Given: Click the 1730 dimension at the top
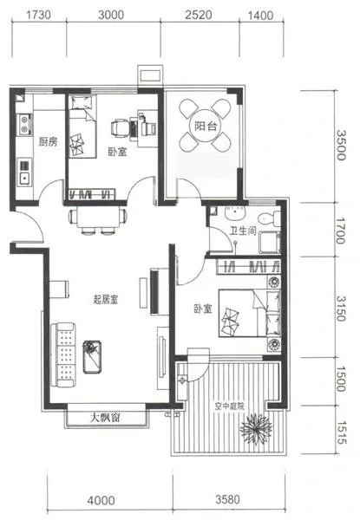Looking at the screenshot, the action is click(38, 15).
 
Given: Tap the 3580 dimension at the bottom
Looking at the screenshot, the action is click(227, 499).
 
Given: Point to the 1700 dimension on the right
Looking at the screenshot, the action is click(341, 231).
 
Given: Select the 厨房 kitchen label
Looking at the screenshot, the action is click(48, 142).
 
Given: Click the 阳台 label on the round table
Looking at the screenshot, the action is click(206, 126).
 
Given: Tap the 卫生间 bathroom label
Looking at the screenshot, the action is click(243, 231).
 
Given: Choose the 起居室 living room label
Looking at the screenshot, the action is click(106, 300).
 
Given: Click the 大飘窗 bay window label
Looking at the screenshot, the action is click(105, 418).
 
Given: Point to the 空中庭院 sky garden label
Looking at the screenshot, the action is click(229, 406).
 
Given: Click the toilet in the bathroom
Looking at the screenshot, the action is click(270, 218).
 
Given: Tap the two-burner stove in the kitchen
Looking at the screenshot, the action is click(24, 124).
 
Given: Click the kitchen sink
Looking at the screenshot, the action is click(24, 172).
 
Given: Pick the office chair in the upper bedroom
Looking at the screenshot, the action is click(119, 127).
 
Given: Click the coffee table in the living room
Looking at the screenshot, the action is click(92, 357).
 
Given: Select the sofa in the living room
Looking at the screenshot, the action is click(63, 354).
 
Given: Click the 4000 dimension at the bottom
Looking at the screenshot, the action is click(101, 500).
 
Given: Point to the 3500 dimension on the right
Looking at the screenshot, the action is click(341, 146).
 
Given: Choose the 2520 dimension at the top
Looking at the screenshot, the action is click(199, 15).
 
